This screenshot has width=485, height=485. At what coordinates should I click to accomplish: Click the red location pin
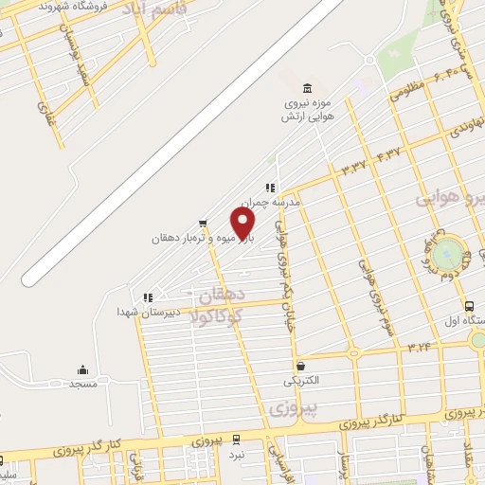pos(243,224)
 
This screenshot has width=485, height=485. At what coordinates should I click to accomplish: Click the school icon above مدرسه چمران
pos(270,188)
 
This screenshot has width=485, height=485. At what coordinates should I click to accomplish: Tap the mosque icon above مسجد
pos(82,370)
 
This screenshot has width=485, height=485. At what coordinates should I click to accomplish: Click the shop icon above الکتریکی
pos(300,367)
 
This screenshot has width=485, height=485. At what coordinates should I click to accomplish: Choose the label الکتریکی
pos(300,381)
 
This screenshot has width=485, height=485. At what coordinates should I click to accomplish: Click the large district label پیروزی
pos(291,409)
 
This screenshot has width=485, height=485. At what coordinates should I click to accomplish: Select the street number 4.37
pos(387,151)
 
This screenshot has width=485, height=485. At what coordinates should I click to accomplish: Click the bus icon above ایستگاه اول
pos(469,305)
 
